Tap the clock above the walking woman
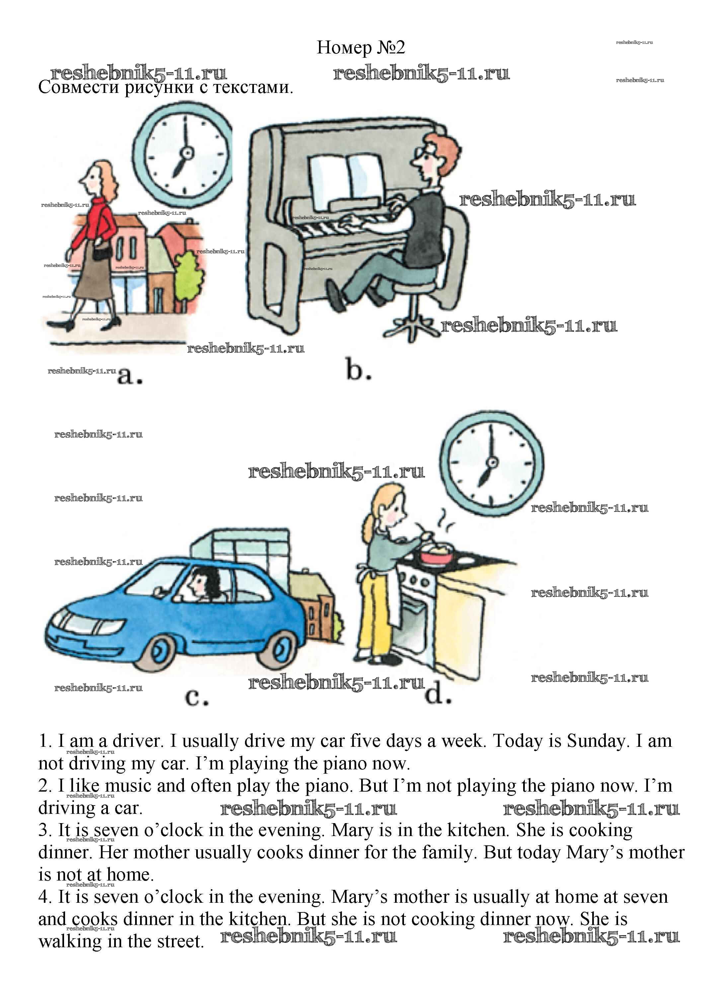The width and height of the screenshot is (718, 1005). tap(184, 153)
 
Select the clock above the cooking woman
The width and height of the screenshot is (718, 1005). tap(492, 463)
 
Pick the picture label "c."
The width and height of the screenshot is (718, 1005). tap(196, 697)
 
